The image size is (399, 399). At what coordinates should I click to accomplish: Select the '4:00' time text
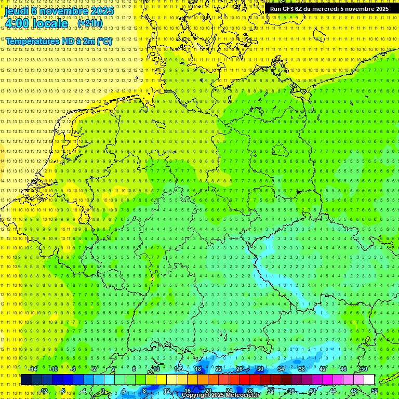click(x=18, y=23)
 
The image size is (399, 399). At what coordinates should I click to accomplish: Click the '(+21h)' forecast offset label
click(x=90, y=23)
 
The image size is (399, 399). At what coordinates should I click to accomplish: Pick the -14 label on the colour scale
click(x=33, y=369)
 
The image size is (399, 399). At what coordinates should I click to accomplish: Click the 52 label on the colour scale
click(x=375, y=391)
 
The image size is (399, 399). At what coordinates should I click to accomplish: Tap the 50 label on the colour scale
click(x=364, y=369)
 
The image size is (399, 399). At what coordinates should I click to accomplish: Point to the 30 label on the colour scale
click(x=260, y=369)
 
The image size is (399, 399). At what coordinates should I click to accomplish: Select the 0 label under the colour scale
click(x=103, y=391)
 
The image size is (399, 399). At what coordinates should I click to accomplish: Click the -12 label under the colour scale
click(x=43, y=391)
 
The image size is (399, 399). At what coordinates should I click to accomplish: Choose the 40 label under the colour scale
click(x=312, y=391)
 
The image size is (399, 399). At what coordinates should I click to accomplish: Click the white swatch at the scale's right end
click(x=369, y=380)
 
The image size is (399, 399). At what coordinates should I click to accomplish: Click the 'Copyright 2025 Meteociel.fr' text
click(x=221, y=395)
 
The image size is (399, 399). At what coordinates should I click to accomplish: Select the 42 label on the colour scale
click(x=322, y=369)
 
